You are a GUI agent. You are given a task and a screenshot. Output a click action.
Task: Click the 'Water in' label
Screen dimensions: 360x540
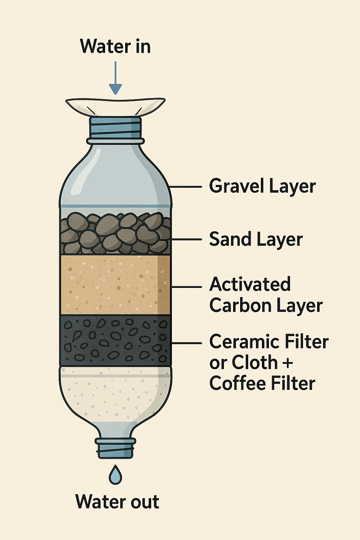tap(115, 46)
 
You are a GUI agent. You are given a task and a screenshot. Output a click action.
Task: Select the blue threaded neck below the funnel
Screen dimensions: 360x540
tap(115, 127)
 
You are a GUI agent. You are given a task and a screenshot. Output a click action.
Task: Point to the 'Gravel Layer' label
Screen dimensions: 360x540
tap(262, 186)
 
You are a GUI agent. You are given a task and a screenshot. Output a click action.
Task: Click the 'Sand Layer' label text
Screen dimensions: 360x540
tap(256, 239)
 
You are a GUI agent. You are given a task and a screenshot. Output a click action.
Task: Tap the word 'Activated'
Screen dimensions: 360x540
tap(250, 284)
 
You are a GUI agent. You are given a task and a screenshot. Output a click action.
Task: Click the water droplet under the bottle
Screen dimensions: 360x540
tap(115, 475)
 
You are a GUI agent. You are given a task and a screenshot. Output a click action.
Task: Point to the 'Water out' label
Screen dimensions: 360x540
tap(117, 502)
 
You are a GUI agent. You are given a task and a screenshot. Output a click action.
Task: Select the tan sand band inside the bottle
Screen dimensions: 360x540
tap(115, 284)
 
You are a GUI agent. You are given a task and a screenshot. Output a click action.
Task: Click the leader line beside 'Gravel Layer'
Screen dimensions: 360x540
tap(186, 187)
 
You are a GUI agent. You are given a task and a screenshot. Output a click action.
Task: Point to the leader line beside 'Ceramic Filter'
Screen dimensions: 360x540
tap(186, 343)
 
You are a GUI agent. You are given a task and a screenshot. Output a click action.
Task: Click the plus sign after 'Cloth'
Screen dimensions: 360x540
tap(287, 363)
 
